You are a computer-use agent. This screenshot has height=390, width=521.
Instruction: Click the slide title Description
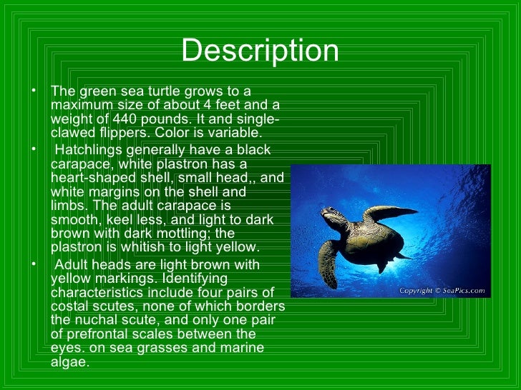click(260, 51)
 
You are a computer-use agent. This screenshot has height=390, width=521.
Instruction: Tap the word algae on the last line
click(69, 361)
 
